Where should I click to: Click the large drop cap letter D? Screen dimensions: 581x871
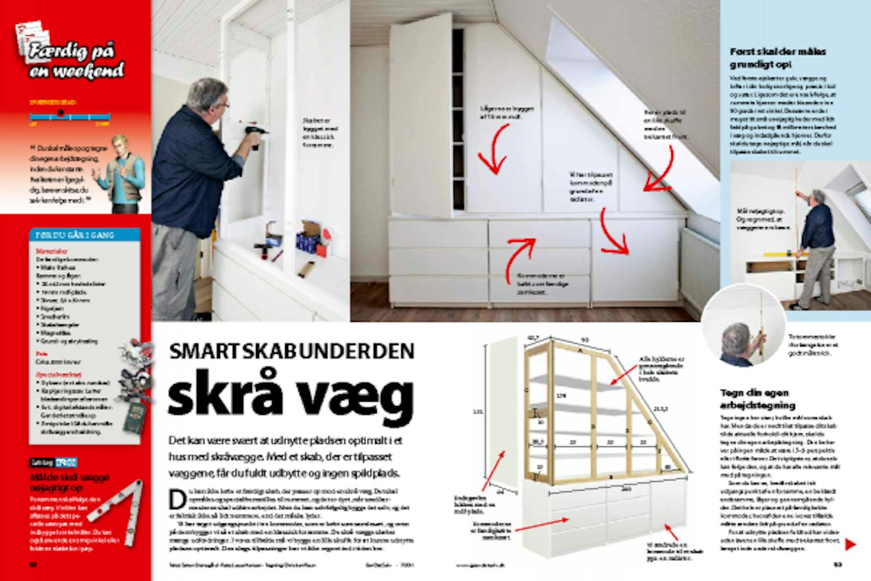point(177,497)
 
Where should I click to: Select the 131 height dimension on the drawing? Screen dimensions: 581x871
point(477,412)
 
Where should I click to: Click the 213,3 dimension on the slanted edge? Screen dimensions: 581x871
point(661,408)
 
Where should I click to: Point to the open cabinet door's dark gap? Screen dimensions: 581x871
point(458,116)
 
